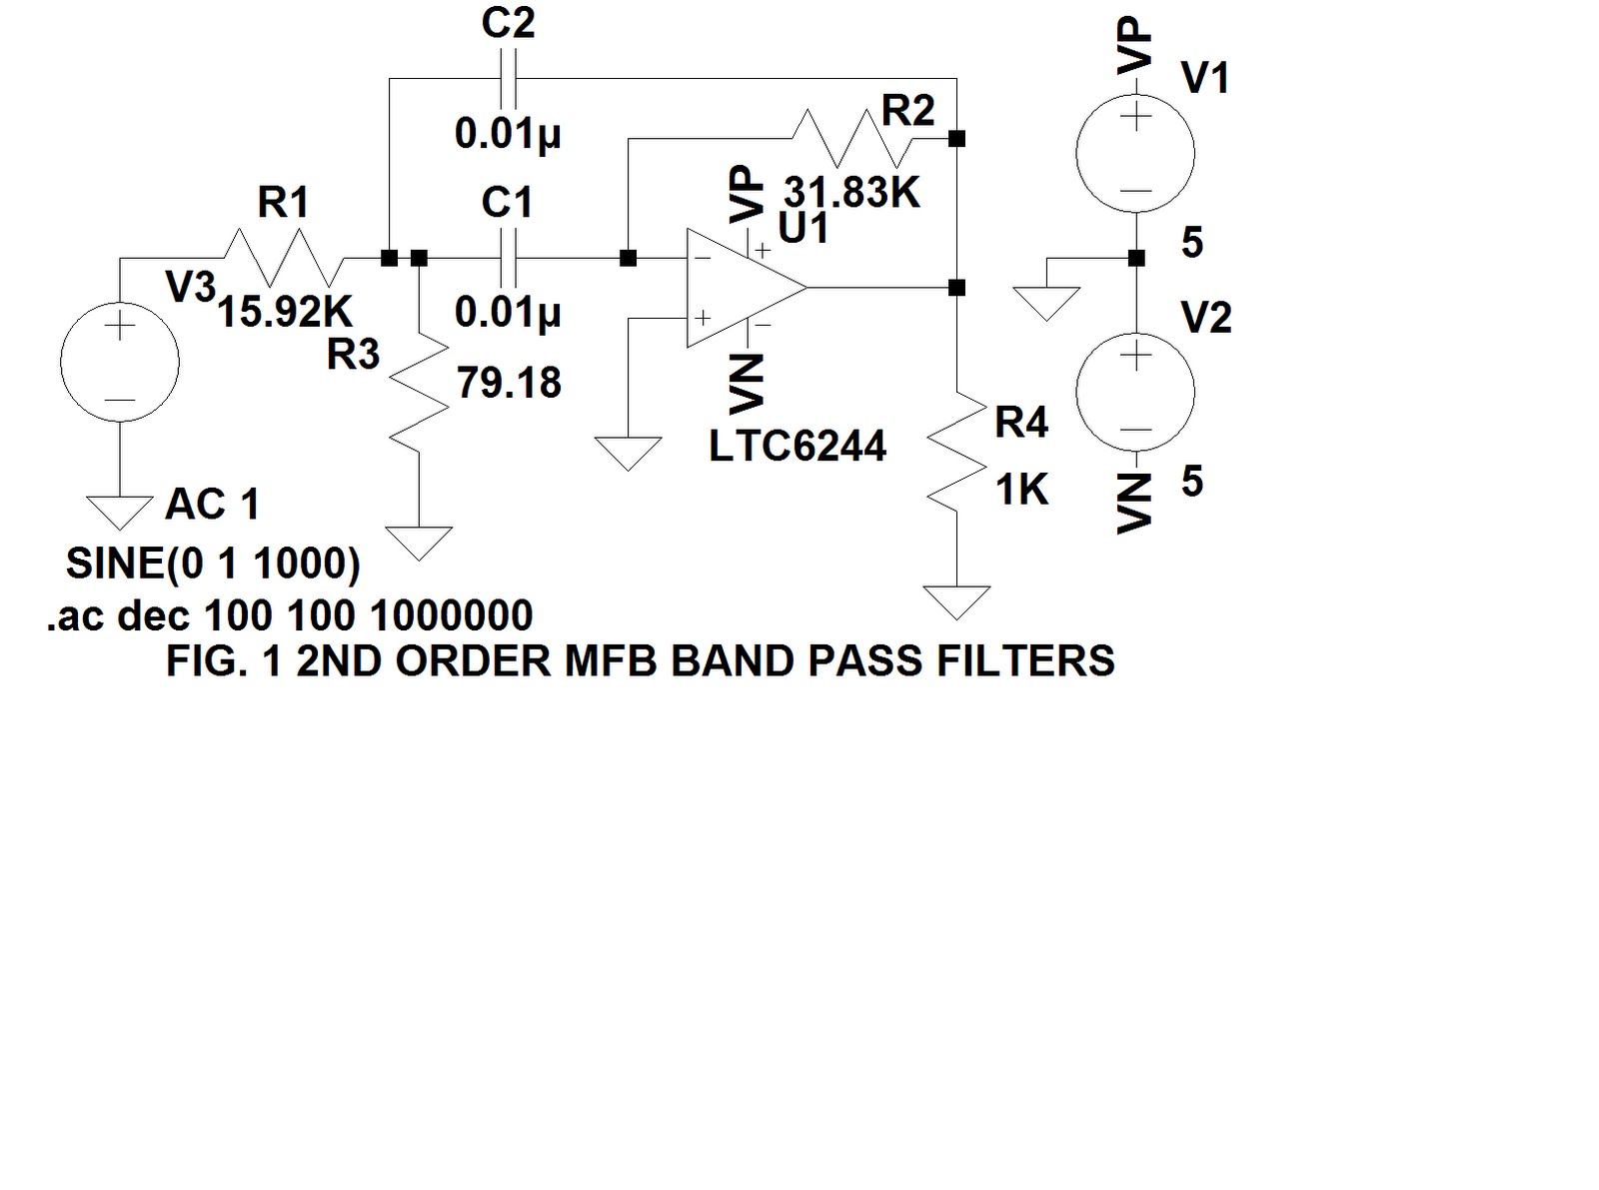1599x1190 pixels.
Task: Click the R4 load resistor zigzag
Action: click(956, 450)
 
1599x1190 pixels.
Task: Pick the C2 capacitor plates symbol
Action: click(509, 78)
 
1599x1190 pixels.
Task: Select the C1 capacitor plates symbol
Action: click(509, 258)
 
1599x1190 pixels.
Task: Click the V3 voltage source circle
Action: click(120, 362)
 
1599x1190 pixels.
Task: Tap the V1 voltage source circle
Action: click(1135, 153)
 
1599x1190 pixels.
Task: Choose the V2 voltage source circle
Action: click(1135, 392)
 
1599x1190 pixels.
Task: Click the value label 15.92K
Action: click(285, 313)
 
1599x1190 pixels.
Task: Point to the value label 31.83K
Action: click(851, 192)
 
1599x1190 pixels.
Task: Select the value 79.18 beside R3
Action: click(509, 383)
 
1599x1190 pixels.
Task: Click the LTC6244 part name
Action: click(797, 446)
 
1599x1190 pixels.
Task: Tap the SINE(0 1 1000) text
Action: click(213, 564)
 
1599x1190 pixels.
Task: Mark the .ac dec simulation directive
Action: click(290, 615)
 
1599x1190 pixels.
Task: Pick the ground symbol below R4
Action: click(956, 602)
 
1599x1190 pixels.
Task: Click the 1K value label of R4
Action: click(1021, 490)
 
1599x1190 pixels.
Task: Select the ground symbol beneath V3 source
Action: click(120, 512)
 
